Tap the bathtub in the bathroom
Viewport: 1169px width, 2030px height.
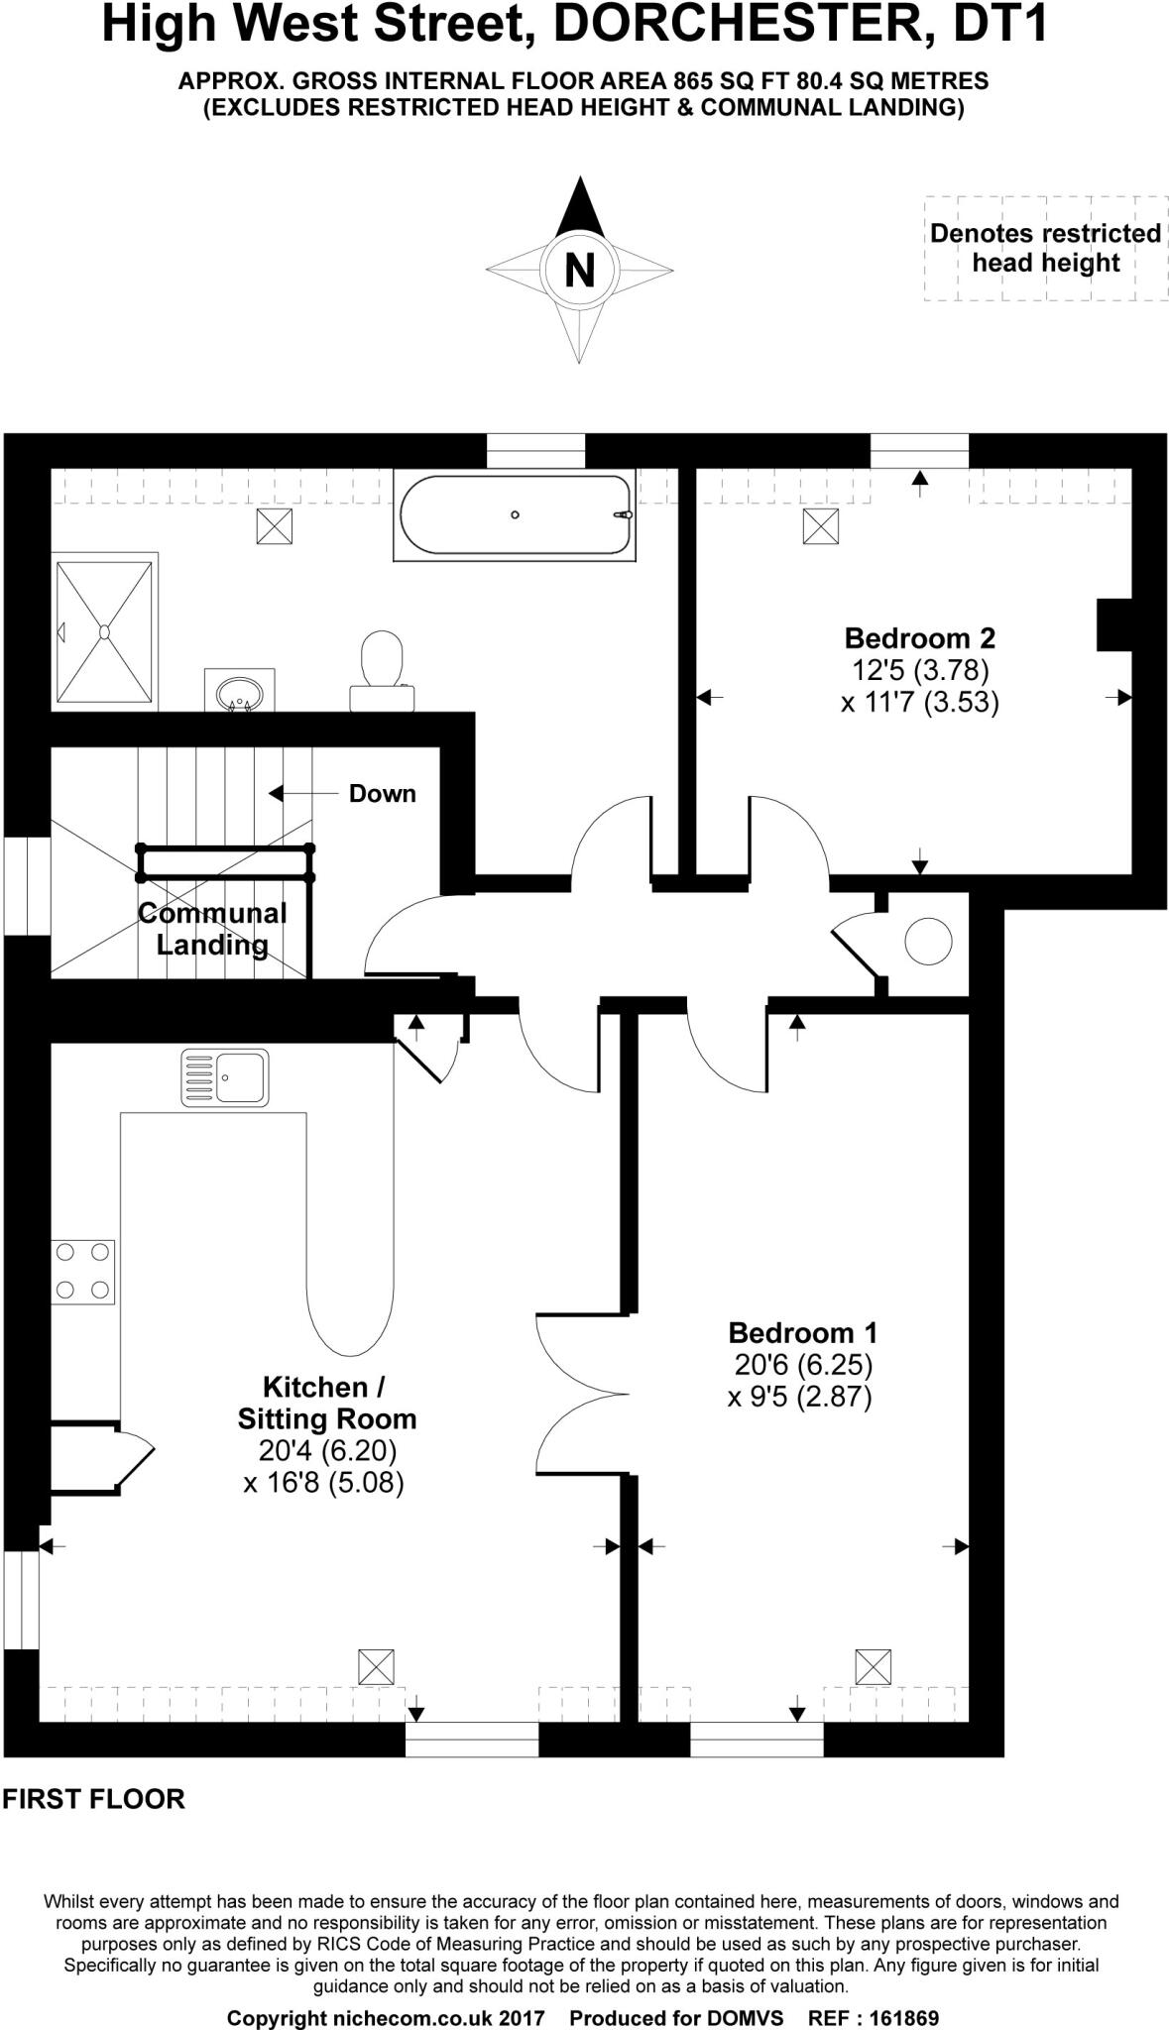tap(515, 516)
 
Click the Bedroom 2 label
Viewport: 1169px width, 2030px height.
tap(919, 636)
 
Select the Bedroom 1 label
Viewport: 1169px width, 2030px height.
tap(802, 1331)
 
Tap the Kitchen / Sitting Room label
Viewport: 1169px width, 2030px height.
tap(325, 1403)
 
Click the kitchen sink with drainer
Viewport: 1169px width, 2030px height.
tap(225, 1077)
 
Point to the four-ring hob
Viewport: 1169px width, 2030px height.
tap(83, 1271)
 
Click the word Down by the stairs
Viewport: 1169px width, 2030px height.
tap(382, 794)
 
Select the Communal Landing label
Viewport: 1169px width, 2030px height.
tap(212, 928)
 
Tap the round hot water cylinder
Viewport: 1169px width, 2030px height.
tap(928, 942)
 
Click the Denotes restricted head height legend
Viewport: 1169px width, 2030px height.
tap(1045, 248)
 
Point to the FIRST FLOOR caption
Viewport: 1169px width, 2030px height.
tap(93, 1799)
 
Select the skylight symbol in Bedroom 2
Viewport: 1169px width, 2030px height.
tap(820, 525)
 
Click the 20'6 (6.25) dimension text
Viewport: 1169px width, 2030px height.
tap(803, 1365)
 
